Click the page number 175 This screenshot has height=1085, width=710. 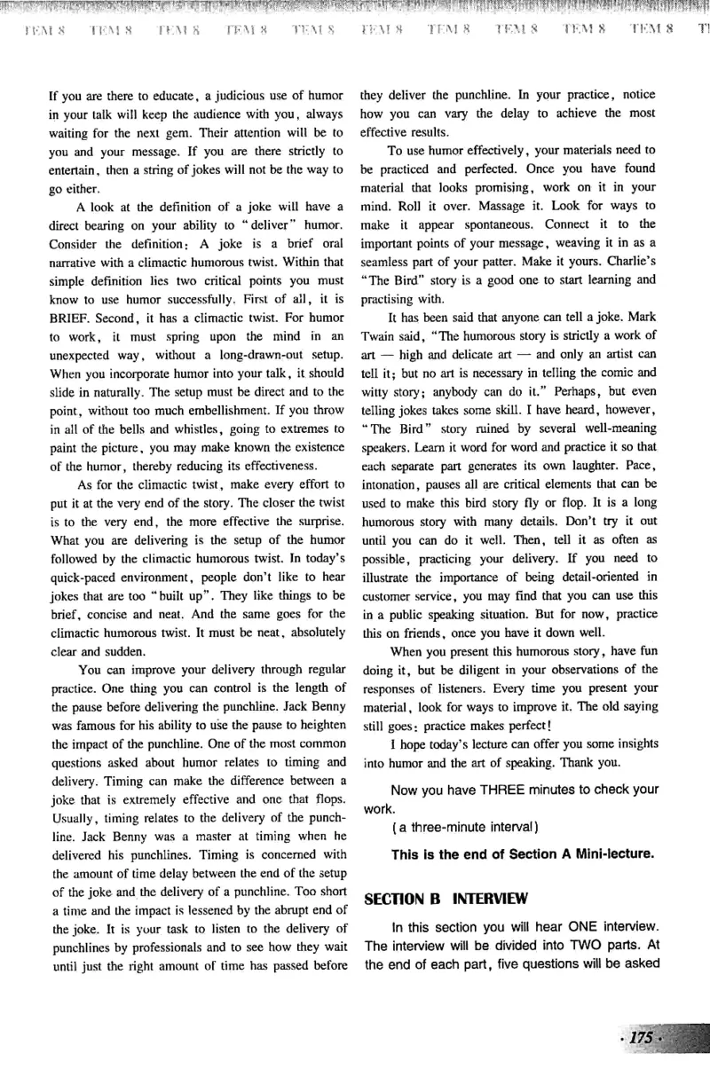(640, 1039)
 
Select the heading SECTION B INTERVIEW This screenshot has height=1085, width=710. (446, 898)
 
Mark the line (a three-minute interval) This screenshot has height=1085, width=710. (461, 828)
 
